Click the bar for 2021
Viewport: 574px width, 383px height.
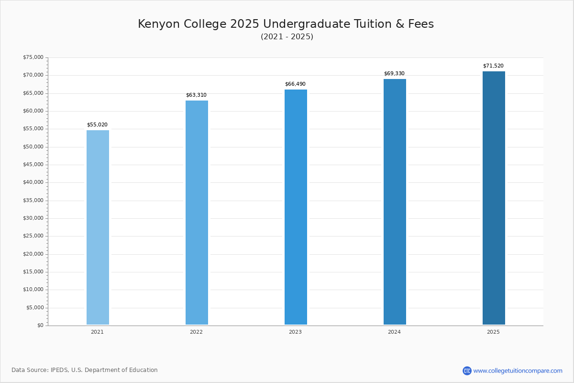click(x=98, y=227)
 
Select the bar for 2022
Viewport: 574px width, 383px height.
click(x=197, y=213)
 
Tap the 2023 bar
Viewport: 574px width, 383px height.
click(x=296, y=207)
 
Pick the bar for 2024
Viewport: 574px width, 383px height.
click(x=395, y=202)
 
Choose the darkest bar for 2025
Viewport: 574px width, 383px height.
click(x=494, y=198)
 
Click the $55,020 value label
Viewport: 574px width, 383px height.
click(x=97, y=125)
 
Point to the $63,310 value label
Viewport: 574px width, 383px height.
click(x=196, y=95)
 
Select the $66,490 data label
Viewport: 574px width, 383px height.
click(x=295, y=84)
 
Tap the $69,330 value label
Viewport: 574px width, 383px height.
click(x=394, y=74)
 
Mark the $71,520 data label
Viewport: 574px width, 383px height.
click(x=493, y=66)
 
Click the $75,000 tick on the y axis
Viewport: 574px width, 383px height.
click(x=33, y=57)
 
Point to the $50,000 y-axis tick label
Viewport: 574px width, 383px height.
click(x=33, y=146)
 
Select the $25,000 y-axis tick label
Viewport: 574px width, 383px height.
click(x=33, y=236)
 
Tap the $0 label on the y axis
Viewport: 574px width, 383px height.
click(x=40, y=326)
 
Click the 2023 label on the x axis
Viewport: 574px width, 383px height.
click(x=295, y=332)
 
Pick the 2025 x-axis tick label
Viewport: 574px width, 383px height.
click(x=493, y=332)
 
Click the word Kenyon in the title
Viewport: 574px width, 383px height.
click(x=155, y=24)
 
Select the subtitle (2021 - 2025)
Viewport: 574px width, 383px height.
click(x=287, y=37)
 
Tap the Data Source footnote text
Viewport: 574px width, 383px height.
click(x=85, y=370)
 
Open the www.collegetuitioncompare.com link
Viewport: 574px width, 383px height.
click(x=518, y=371)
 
